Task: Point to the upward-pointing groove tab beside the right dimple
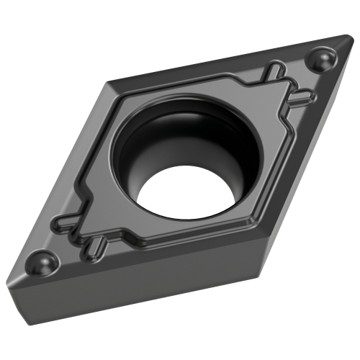(274, 70)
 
